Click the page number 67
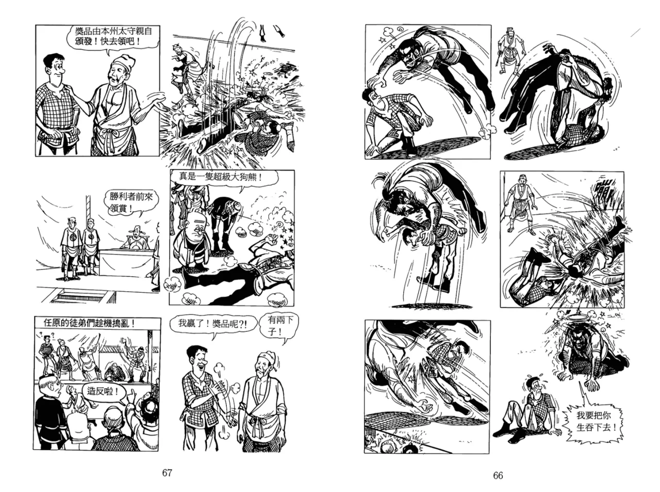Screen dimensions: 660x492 pyautogui.click(x=167, y=472)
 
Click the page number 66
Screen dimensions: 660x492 pyautogui.click(x=498, y=475)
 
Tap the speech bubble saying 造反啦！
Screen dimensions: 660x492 pyautogui.click(x=103, y=391)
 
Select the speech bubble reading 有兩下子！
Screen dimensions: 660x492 pyautogui.click(x=278, y=327)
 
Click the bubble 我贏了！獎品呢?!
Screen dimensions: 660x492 pyautogui.click(x=213, y=324)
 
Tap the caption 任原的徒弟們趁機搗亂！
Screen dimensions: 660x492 pyautogui.click(x=89, y=323)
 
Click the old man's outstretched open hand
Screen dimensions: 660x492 pyautogui.click(x=157, y=103)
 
